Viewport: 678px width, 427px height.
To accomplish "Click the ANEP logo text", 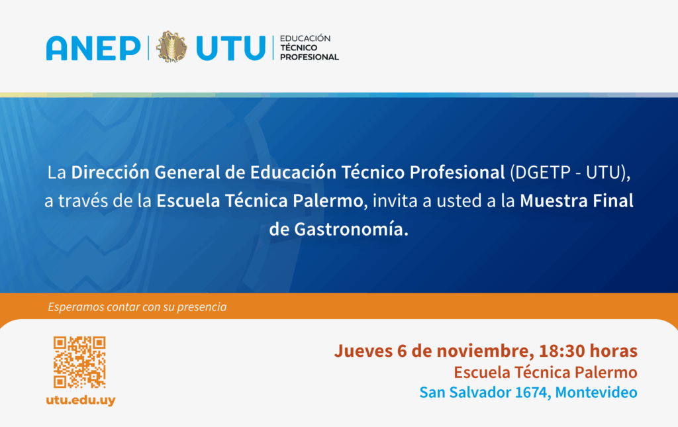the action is coord(93,48).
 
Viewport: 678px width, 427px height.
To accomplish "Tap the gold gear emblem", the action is coord(171,47).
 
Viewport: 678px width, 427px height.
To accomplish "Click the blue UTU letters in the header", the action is coord(230,48).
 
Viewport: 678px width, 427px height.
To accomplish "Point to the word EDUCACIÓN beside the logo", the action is coord(305,38).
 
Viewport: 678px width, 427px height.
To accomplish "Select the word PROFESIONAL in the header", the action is coord(310,57).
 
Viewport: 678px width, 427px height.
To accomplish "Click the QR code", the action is coord(79,362).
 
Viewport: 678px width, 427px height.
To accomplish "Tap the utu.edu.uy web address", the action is coord(81,401).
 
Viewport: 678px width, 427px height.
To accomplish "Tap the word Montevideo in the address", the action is coord(597,393).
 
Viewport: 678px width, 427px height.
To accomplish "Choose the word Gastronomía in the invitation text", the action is coord(351,229).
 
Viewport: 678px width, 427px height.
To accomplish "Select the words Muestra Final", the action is coord(577,201).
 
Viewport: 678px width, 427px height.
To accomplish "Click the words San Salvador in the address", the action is coord(465,393).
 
